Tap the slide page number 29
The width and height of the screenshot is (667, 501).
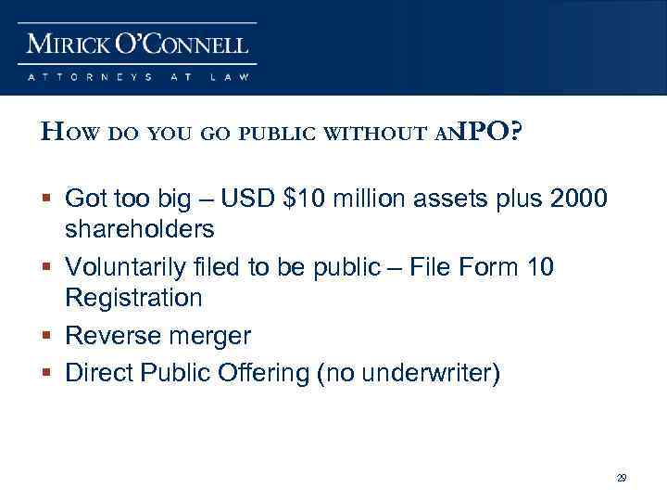[622, 478]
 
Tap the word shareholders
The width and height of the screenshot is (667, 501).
[140, 228]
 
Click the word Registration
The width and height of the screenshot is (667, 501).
[133, 298]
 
